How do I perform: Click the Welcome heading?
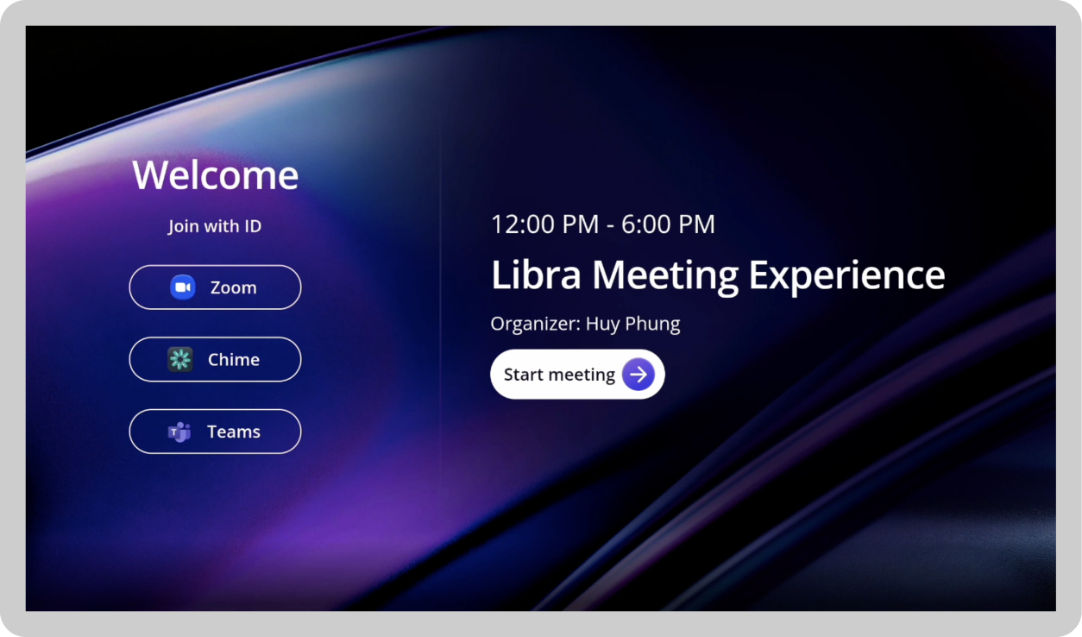tap(215, 175)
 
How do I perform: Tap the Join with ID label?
tap(215, 226)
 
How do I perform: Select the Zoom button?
tap(215, 287)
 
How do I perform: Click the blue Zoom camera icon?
tap(182, 287)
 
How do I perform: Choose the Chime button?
tap(215, 359)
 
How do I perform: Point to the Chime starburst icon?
tap(179, 359)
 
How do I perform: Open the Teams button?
tap(215, 432)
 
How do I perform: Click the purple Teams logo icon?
tap(179, 432)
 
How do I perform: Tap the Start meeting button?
tap(576, 375)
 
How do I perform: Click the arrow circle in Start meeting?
tap(639, 375)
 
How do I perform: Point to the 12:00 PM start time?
tap(544, 224)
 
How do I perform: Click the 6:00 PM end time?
tap(668, 224)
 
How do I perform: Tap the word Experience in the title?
tap(846, 275)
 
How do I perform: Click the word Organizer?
tap(533, 325)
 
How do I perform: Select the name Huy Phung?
tap(632, 325)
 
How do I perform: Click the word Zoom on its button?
tap(233, 287)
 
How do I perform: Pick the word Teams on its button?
tap(233, 432)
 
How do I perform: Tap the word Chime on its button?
tap(233, 359)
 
